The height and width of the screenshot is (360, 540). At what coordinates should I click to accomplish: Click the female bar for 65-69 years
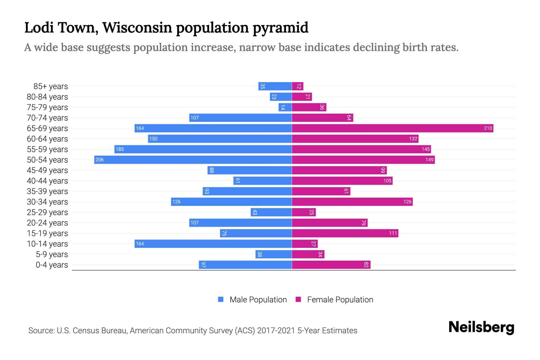click(x=392, y=128)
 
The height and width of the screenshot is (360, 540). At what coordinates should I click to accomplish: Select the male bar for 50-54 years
click(x=193, y=160)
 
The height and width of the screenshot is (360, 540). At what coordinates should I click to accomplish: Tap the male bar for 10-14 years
click(x=213, y=244)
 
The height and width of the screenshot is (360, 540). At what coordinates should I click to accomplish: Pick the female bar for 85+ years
click(x=298, y=86)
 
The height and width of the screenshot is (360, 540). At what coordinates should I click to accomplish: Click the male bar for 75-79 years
click(x=285, y=107)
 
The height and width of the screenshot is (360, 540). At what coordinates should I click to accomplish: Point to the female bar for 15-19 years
click(x=345, y=233)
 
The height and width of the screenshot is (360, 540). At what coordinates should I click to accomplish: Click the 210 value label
click(x=488, y=128)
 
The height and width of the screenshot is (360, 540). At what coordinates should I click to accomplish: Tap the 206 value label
click(x=99, y=160)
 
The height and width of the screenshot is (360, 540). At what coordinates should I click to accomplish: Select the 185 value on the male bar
click(x=120, y=149)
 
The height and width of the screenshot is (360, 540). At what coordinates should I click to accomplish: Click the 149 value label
click(x=429, y=160)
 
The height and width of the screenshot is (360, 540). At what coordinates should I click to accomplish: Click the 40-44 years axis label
click(x=47, y=181)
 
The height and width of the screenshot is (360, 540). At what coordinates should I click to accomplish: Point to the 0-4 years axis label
click(x=52, y=265)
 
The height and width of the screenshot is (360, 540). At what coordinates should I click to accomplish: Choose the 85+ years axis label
click(x=51, y=86)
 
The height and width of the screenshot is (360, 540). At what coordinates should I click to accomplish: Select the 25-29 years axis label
click(x=47, y=212)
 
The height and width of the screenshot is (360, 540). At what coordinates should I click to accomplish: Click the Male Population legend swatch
click(x=221, y=299)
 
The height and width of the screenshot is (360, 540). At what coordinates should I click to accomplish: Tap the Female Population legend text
click(x=340, y=299)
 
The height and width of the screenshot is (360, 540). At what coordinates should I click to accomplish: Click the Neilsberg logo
click(x=481, y=327)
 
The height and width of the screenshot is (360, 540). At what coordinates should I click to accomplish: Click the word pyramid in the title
click(x=280, y=28)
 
